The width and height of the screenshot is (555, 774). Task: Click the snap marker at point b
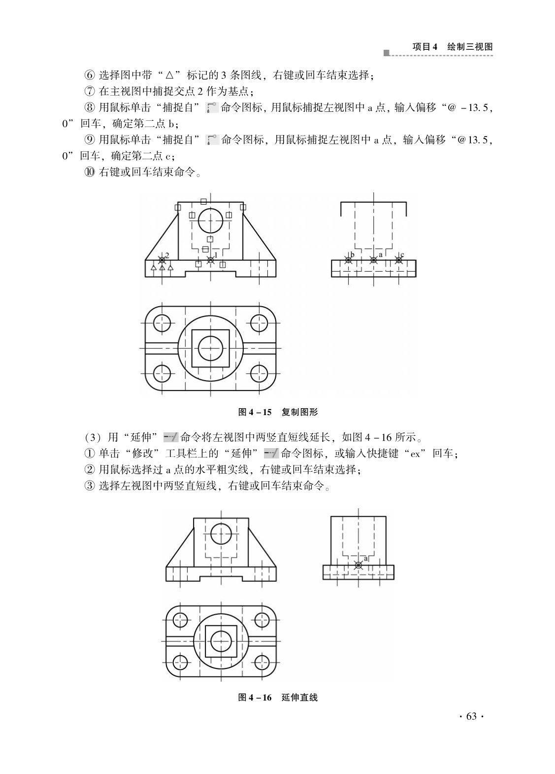(x=348, y=260)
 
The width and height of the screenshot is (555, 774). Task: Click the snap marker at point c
(x=399, y=260)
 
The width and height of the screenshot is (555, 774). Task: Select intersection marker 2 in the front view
(x=162, y=260)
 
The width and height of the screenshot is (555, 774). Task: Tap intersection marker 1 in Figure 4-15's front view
(x=211, y=260)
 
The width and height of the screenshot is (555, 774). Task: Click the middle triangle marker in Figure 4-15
(x=162, y=268)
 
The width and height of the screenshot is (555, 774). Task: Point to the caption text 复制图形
(x=299, y=412)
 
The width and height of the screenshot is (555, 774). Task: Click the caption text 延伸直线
(x=299, y=697)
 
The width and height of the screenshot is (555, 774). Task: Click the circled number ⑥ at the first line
(x=90, y=75)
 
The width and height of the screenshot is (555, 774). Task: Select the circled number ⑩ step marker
(x=90, y=172)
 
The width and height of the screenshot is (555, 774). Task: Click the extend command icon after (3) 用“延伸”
(x=170, y=437)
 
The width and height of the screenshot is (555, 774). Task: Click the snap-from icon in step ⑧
(x=212, y=108)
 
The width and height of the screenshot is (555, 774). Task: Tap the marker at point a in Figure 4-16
(x=359, y=565)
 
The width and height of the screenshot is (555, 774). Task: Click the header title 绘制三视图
(x=470, y=47)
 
